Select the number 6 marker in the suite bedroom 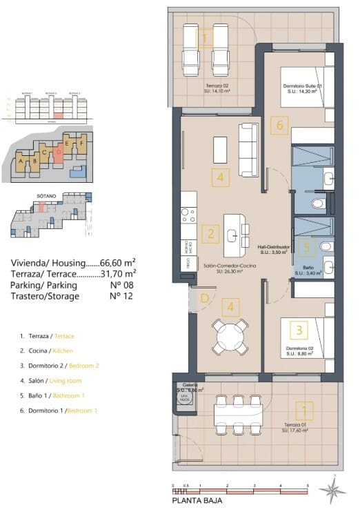click(279, 126)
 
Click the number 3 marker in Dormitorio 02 click(299, 331)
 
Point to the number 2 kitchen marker click(211, 235)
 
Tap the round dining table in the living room click(229, 336)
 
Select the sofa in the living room click(248, 141)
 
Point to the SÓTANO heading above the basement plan click(45, 197)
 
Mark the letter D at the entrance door click(205, 298)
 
